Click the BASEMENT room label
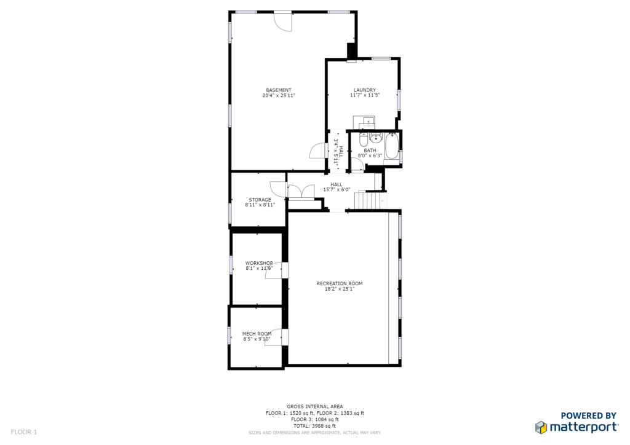pyautogui.click(x=279, y=90)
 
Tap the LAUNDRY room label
pyautogui.click(x=365, y=90)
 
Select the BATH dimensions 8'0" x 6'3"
pyautogui.click(x=370, y=156)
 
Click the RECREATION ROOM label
pyautogui.click(x=340, y=283)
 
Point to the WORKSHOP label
pyautogui.click(x=259, y=263)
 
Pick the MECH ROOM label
pyautogui.click(x=257, y=334)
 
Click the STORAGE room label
pyautogui.click(x=260, y=199)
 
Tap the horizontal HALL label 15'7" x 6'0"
pyautogui.click(x=337, y=187)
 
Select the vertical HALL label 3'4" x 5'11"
pyautogui.click(x=338, y=153)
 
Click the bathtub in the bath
pyautogui.click(x=392, y=147)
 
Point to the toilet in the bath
pyautogui.click(x=363, y=140)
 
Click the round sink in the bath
pyautogui.click(x=376, y=138)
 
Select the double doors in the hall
pyautogui.click(x=301, y=191)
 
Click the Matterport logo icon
pyautogui.click(x=541, y=427)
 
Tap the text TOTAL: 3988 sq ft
pyautogui.click(x=314, y=426)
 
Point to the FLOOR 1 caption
pyautogui.click(x=24, y=432)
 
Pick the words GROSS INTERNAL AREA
pyautogui.click(x=314, y=406)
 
